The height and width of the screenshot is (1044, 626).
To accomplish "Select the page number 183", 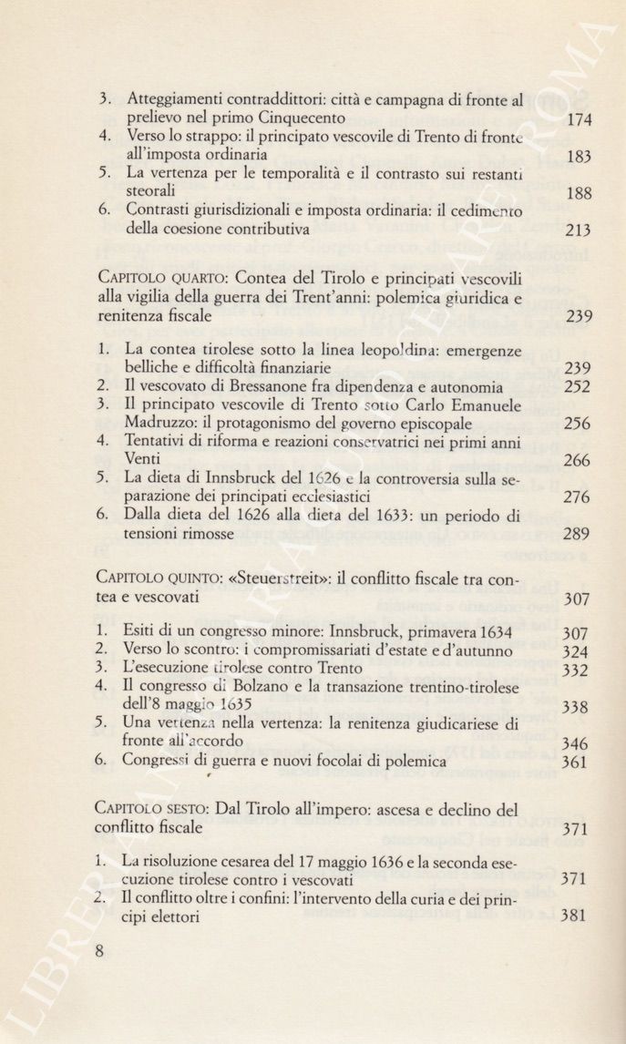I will [579, 157].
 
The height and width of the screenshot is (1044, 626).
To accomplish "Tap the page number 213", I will [579, 230].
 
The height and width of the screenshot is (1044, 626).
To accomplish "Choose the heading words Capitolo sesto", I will [144, 809].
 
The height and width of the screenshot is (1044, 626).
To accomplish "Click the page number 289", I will [576, 534].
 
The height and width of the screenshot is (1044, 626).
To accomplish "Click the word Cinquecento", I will [301, 118].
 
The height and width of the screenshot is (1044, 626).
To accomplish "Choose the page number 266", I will [576, 461].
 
